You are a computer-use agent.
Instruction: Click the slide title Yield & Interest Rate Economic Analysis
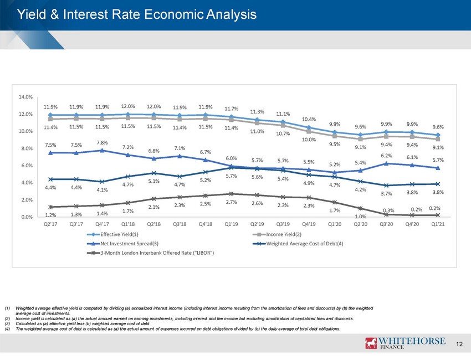click(x=137, y=14)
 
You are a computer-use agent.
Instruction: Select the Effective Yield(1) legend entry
click(x=112, y=234)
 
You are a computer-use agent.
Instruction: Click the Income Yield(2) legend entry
click(x=277, y=234)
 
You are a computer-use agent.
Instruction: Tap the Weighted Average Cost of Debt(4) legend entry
click(x=298, y=244)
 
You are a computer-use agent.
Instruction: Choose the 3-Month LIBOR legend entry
click(x=151, y=253)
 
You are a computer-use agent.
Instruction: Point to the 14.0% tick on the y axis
click(x=25, y=97)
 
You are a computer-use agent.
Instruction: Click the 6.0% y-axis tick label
click(x=27, y=166)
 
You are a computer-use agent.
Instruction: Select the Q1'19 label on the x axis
click(x=231, y=224)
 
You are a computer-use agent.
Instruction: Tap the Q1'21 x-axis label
click(x=438, y=224)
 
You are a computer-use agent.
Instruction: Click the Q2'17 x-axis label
click(x=50, y=224)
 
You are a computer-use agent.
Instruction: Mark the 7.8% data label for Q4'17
click(x=102, y=143)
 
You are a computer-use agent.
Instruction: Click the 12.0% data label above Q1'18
click(x=128, y=106)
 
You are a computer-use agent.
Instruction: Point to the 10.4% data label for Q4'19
click(x=309, y=119)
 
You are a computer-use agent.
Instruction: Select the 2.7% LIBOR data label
click(x=231, y=202)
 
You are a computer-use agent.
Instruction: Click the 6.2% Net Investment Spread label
click(x=386, y=156)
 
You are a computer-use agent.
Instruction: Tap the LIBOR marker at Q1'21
click(x=438, y=215)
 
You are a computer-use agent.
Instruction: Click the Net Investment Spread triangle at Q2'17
click(x=50, y=153)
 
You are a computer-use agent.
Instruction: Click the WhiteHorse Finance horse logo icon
click(x=371, y=343)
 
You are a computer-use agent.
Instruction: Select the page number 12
click(x=459, y=344)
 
